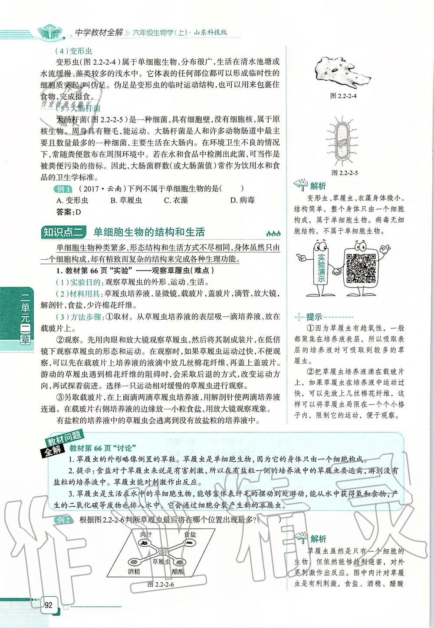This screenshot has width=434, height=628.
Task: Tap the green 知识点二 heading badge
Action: coord(64,232)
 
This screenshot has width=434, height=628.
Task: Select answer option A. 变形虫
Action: coord(72,200)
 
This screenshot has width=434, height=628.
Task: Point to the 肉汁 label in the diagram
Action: coord(146,534)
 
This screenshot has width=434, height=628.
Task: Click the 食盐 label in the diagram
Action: coord(190,534)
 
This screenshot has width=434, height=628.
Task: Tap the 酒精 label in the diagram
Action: coord(134,572)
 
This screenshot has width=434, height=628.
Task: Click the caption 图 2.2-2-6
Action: coord(161,584)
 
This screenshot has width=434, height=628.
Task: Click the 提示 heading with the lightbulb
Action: coord(311,317)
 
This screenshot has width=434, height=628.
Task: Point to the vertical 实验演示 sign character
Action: coord(321,265)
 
